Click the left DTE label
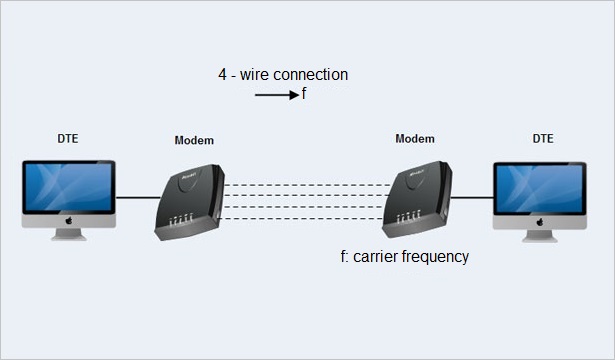pyautogui.click(x=68, y=138)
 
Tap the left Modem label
pyautogui.click(x=194, y=141)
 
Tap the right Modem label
pyautogui.click(x=415, y=138)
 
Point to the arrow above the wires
pyautogui.click(x=270, y=95)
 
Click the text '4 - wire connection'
pyautogui.click(x=283, y=75)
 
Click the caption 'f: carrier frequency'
pyautogui.click(x=405, y=257)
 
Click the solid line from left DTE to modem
pyautogui.click(x=135, y=197)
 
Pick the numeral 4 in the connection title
pyautogui.click(x=223, y=75)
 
